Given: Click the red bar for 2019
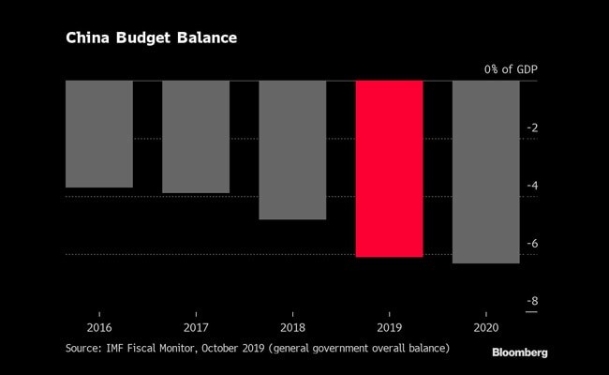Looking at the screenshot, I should (x=389, y=169).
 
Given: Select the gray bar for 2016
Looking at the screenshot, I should (x=98, y=134).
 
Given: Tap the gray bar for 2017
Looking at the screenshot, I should (x=196, y=137).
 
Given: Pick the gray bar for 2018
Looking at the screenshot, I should (x=292, y=150).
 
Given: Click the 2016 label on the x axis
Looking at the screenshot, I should (x=98, y=329).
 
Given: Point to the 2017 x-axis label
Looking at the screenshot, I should (x=196, y=329).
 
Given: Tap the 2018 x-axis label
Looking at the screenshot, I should (x=292, y=329).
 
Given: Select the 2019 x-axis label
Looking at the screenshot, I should (x=389, y=329).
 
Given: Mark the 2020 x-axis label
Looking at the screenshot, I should (x=485, y=329).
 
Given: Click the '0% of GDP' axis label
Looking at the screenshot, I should (x=511, y=69).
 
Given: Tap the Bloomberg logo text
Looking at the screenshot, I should (x=520, y=352).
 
